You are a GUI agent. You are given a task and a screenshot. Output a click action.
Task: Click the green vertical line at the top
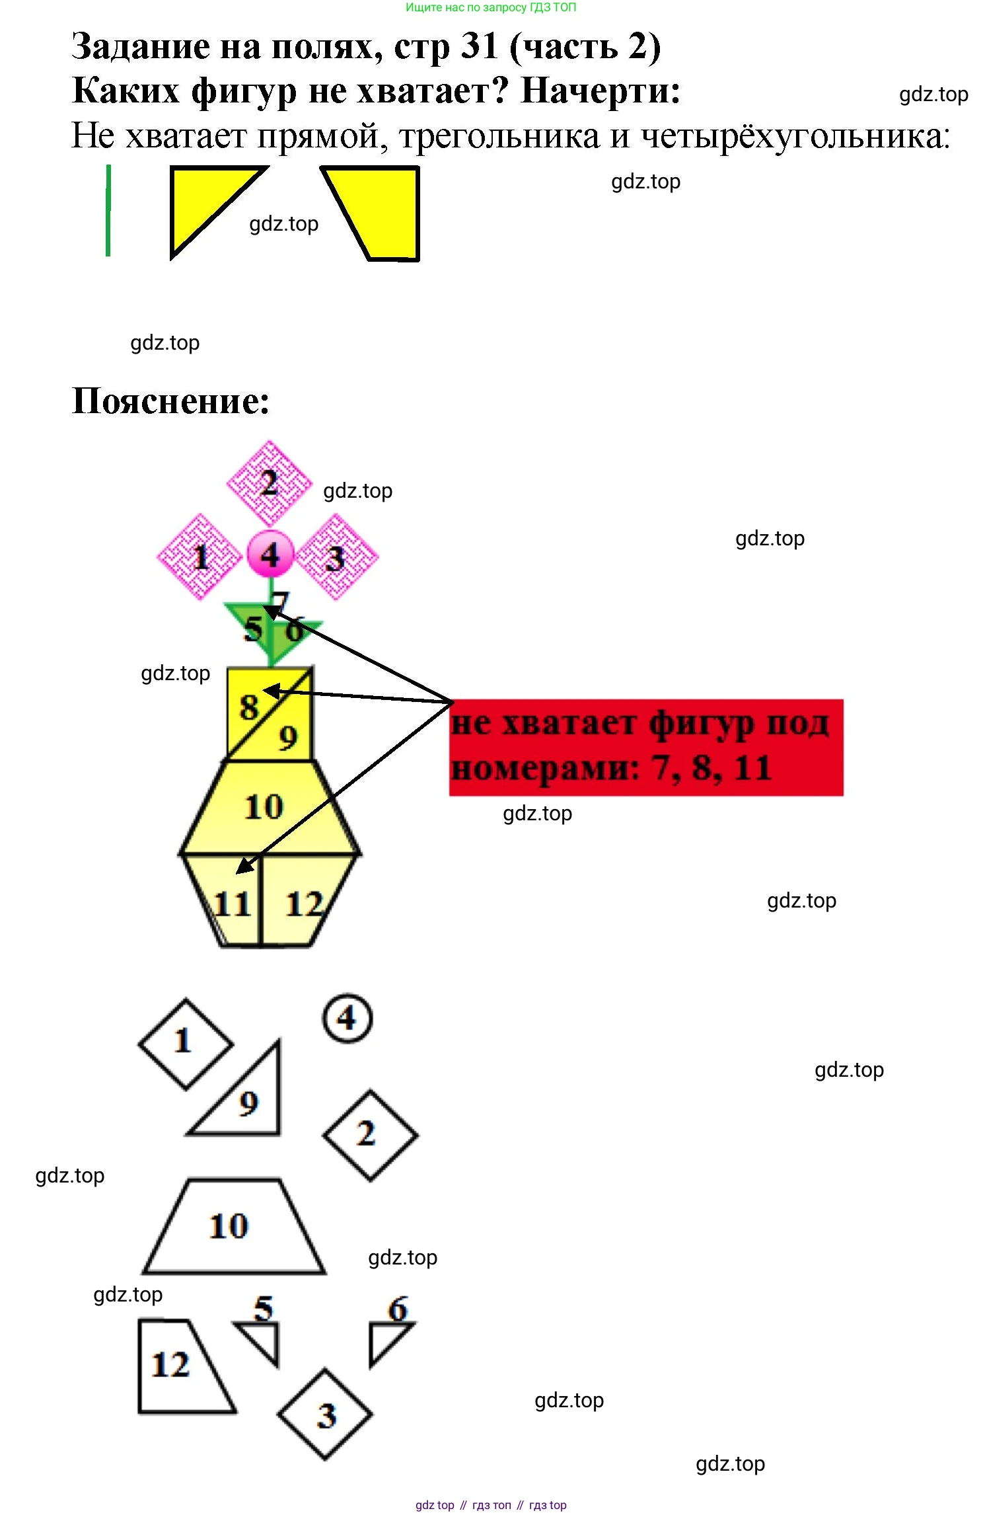(108, 210)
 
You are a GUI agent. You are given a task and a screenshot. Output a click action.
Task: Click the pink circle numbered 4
(270, 554)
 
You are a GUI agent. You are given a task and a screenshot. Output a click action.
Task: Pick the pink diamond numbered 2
(269, 483)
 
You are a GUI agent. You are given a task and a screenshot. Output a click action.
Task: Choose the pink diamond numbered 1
(199, 557)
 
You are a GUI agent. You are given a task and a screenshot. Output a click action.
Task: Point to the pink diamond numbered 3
(337, 557)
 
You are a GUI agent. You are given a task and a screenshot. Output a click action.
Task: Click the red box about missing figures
(646, 747)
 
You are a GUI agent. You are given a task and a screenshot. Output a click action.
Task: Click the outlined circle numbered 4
(347, 1018)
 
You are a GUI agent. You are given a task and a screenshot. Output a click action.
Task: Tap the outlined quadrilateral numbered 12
(175, 1365)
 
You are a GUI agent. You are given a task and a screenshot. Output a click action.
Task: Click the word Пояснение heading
(170, 401)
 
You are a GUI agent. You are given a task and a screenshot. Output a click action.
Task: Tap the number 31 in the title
(479, 46)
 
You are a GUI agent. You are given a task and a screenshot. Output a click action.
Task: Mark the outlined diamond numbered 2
(370, 1134)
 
